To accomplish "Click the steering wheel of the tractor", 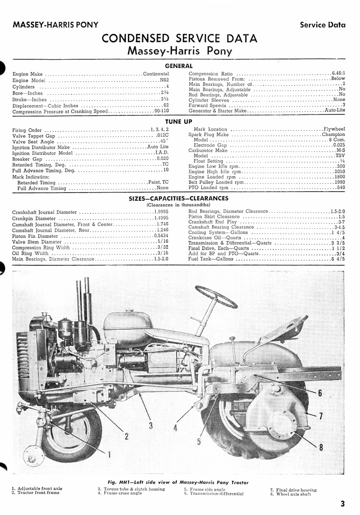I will tap(216, 297).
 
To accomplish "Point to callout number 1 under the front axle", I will tap(109, 454).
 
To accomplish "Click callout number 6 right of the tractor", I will tap(320, 392).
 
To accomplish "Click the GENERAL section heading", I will tap(178, 66).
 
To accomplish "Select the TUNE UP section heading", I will tap(178, 121).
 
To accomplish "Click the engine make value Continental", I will tap(156, 74).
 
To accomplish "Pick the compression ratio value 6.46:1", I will tap(338, 74).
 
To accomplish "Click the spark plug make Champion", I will tap(333, 134).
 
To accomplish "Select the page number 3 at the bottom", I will tap(342, 504).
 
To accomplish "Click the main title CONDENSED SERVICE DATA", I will tap(179, 39).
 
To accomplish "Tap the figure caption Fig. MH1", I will tap(178, 482).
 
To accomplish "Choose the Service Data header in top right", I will tap(323, 25).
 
